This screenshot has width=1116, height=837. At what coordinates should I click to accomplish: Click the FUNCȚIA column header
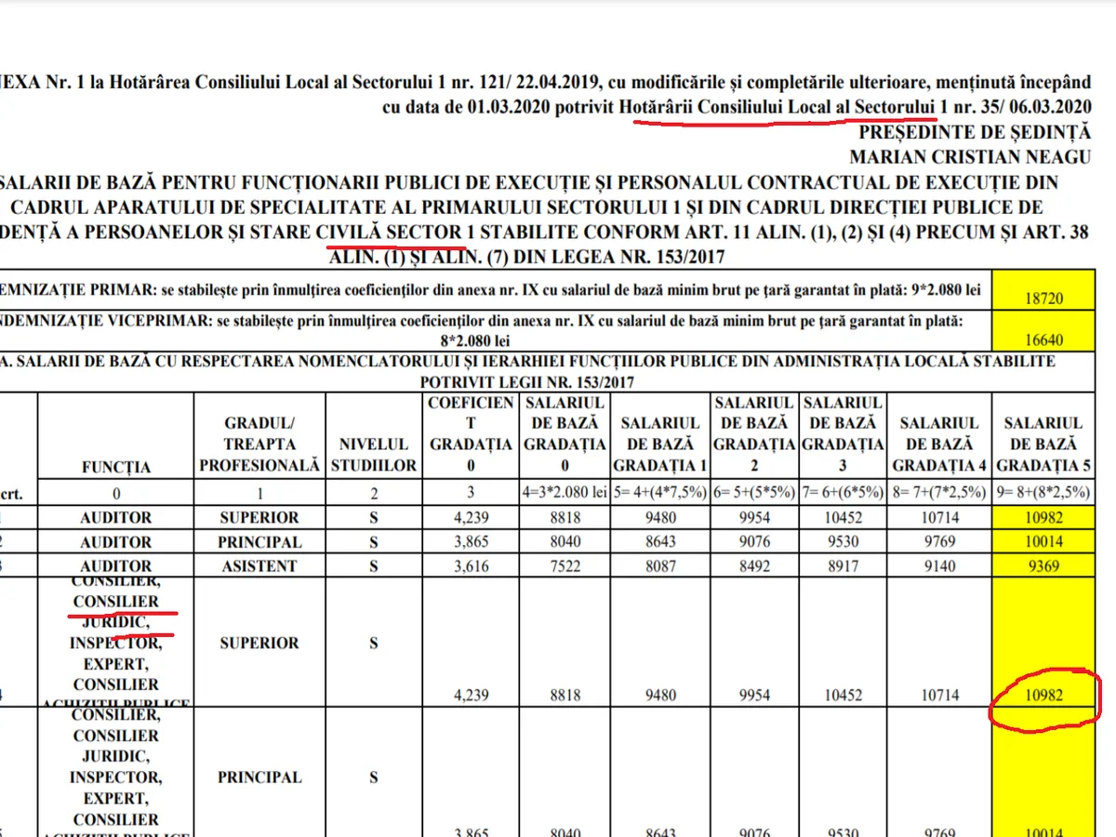pos(116,466)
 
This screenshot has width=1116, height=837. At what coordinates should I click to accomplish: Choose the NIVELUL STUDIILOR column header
pos(374,455)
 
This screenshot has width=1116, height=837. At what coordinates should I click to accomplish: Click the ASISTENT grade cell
pos(259,565)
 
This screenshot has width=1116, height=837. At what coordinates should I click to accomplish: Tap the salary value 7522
pos(565,565)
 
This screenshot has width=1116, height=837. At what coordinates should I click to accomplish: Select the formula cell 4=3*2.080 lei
pos(565,493)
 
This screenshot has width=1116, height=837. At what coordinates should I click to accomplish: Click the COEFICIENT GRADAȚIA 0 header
pos(471,434)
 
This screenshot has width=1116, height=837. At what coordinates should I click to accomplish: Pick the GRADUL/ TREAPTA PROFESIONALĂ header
pos(259,445)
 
